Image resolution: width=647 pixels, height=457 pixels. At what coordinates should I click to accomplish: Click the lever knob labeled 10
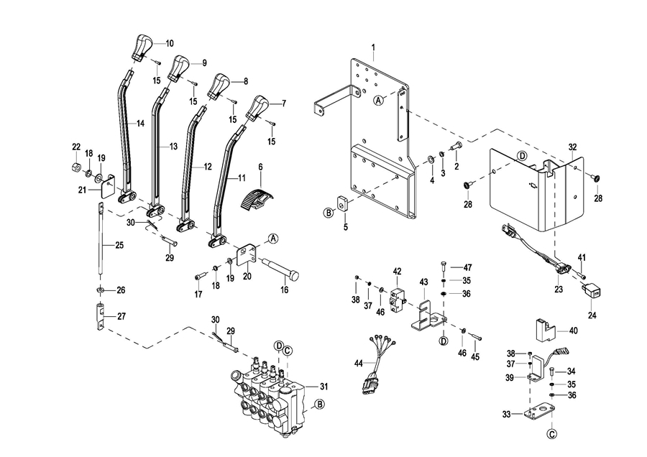(141, 47)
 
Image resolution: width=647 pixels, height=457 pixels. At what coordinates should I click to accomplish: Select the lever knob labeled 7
(257, 108)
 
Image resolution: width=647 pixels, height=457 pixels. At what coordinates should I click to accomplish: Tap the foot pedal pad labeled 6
(252, 197)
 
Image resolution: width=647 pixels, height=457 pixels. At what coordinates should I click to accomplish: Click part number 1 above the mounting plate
(374, 47)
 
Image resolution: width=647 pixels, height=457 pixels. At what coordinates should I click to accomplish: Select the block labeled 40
(546, 330)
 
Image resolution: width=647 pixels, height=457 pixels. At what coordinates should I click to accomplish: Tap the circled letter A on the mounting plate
(378, 101)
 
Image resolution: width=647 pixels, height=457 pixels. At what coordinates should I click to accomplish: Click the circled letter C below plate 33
(552, 434)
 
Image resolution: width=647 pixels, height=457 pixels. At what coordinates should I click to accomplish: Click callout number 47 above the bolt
(467, 267)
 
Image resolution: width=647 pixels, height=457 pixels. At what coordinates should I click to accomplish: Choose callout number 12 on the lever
(207, 167)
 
